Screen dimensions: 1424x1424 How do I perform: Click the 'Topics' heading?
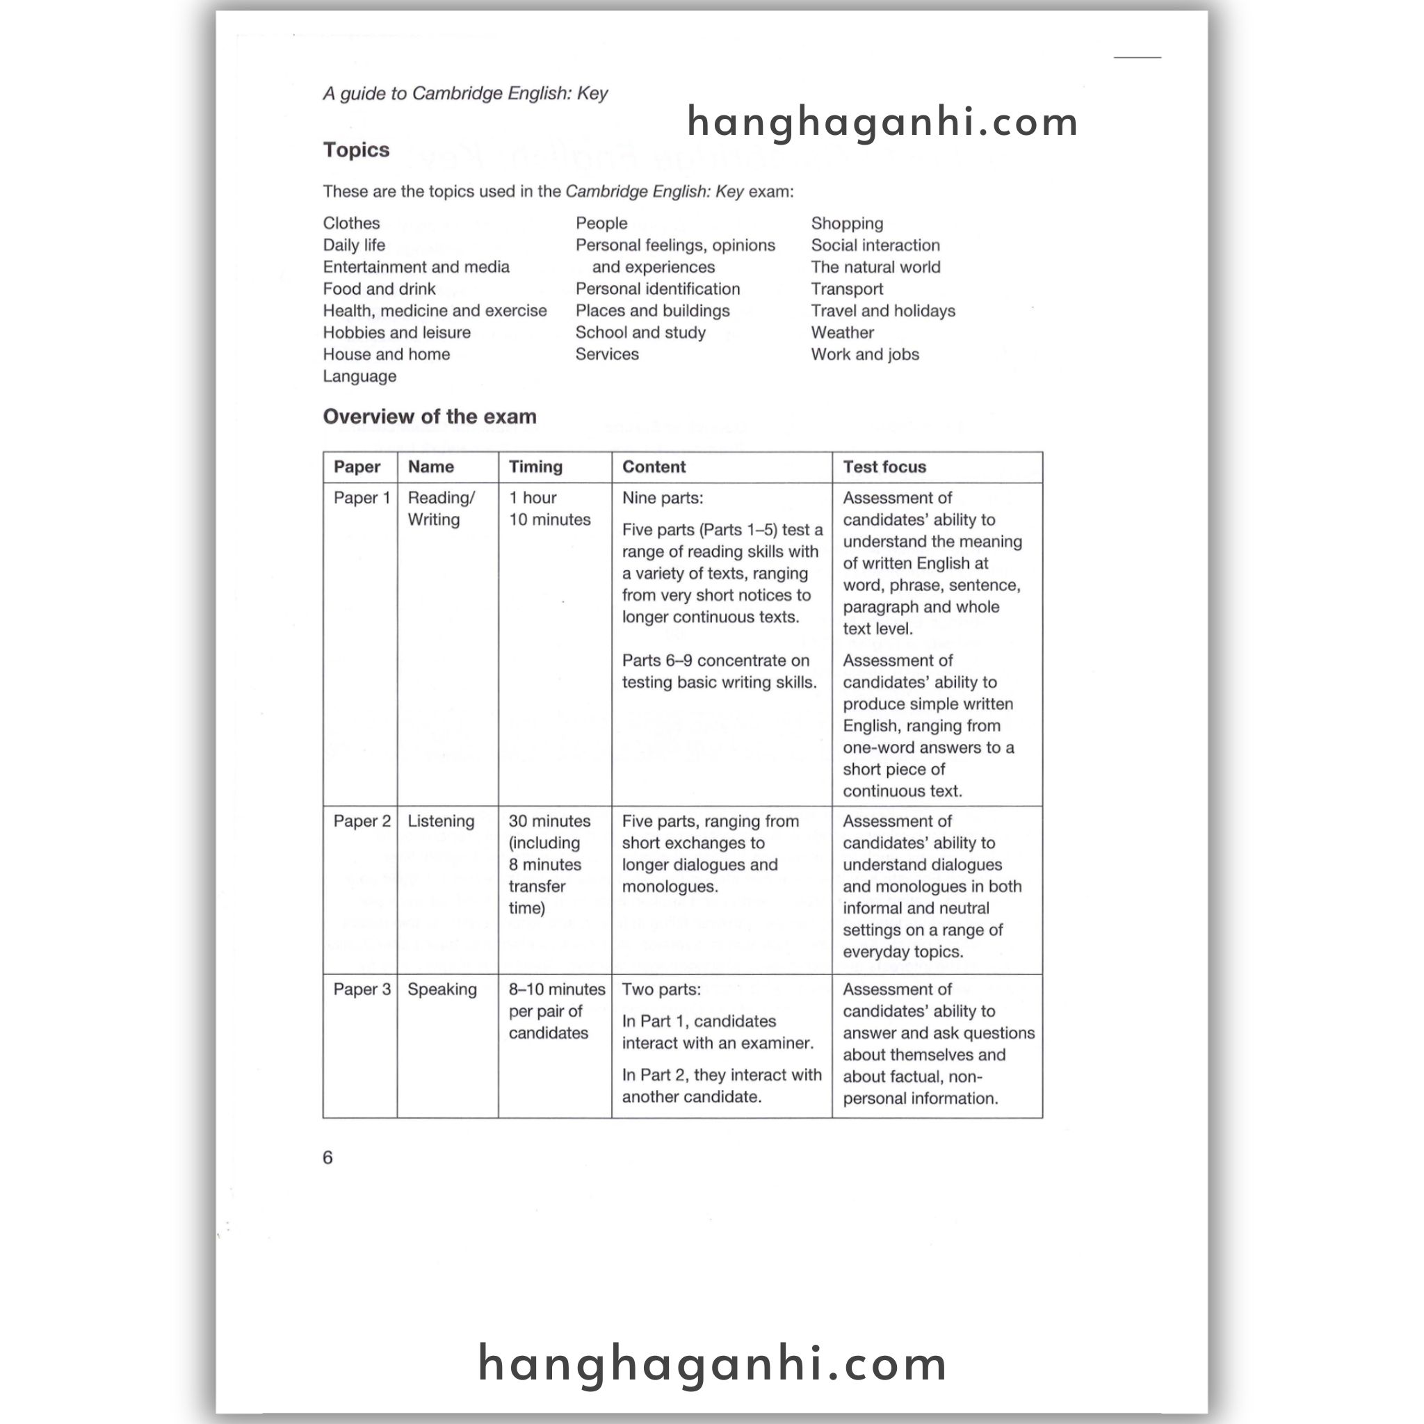tap(356, 149)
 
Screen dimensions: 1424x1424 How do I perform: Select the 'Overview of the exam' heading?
tap(429, 416)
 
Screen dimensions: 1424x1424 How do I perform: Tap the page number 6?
tap(328, 1157)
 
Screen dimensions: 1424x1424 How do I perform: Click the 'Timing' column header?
tap(535, 467)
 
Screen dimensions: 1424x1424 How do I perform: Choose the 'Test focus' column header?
tap(884, 467)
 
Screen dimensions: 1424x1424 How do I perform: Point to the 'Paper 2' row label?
tap(362, 821)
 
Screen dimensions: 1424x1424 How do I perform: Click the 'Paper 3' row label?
tap(362, 989)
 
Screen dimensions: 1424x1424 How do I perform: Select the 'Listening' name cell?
tap(441, 821)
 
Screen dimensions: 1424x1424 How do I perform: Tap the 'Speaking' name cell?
tap(442, 989)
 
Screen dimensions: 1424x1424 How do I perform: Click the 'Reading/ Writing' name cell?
tap(441, 508)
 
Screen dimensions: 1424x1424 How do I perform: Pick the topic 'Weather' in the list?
tap(842, 332)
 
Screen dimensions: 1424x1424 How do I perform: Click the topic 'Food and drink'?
tap(379, 289)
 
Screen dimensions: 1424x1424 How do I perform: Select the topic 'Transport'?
tap(847, 289)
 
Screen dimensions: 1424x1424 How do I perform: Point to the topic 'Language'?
tap(359, 376)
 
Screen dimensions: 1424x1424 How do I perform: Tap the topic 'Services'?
tap(606, 355)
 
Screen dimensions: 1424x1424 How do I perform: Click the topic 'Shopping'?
tap(847, 223)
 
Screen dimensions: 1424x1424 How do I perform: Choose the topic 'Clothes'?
tap(352, 223)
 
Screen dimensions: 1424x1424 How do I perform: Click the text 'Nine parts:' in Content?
tap(662, 499)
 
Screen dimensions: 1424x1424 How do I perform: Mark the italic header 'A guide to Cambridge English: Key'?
tap(465, 94)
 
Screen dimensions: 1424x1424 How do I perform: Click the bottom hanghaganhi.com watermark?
tap(712, 1364)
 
